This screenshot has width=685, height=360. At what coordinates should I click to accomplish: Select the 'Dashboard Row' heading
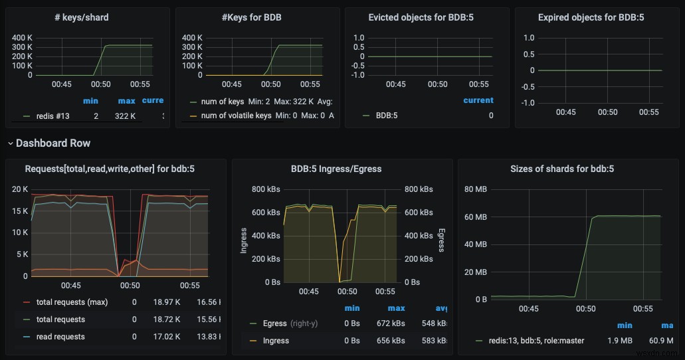pos(53,143)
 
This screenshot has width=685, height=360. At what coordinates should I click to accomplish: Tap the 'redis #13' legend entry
pos(53,116)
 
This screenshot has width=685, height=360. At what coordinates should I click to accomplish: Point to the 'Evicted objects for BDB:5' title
pos(426,17)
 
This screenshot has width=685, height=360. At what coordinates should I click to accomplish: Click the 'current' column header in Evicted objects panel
pos(478,100)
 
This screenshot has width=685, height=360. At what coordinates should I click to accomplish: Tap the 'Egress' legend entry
pos(274,323)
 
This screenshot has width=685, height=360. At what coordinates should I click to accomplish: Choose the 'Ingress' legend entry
pos(276,341)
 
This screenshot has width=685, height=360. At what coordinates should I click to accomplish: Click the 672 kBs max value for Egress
pos(396,323)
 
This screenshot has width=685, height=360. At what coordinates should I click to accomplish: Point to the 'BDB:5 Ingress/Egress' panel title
pos(336,169)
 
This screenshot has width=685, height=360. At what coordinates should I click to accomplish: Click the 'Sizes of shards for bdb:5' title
pos(561,169)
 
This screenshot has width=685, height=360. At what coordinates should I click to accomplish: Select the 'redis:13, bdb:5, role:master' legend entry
pos(530,341)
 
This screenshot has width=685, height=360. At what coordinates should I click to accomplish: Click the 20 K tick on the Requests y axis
pos(20,189)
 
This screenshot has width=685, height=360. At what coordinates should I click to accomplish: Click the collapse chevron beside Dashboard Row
pos(10,143)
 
